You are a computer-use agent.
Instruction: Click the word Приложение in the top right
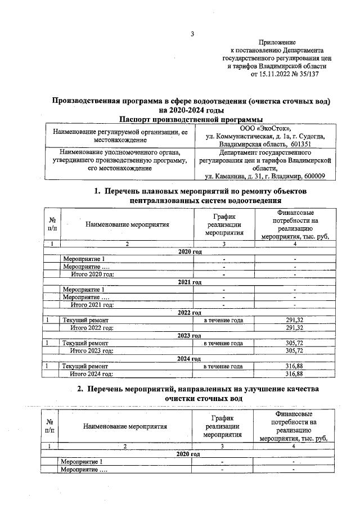coord(278,43)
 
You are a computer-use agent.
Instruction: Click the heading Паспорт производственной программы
coord(191,119)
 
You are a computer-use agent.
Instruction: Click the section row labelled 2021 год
coord(190,282)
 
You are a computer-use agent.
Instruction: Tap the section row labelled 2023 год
coord(190,335)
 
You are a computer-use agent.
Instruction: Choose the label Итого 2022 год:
coord(92,327)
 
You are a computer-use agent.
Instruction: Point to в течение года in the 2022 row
coord(223,320)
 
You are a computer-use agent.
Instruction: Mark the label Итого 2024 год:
coord(91,373)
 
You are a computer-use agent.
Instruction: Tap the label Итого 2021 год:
coord(92,304)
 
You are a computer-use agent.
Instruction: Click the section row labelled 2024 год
coord(190,358)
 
